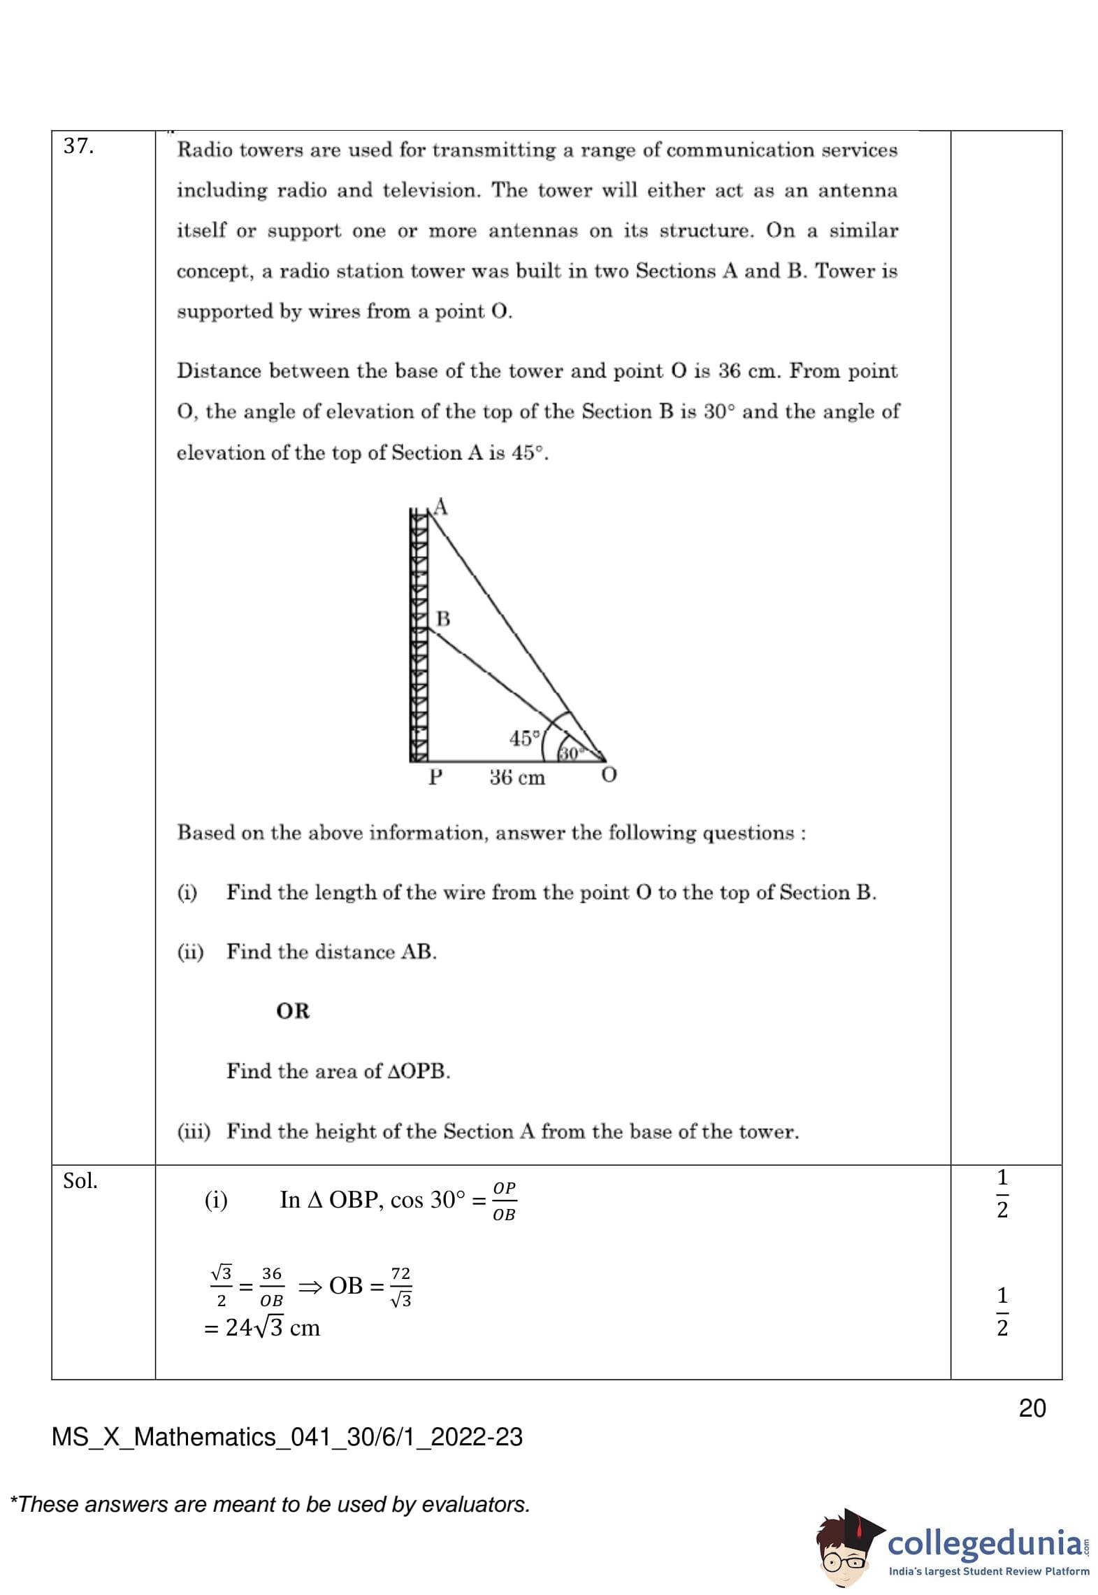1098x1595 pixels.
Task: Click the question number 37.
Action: coord(78,146)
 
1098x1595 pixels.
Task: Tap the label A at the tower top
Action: coord(440,506)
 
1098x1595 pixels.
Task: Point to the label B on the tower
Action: coord(443,619)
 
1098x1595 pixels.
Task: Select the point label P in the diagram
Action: coord(435,777)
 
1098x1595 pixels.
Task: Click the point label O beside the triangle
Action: coord(609,775)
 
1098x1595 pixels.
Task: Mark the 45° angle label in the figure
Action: coord(525,738)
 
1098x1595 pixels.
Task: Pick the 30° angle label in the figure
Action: coord(570,753)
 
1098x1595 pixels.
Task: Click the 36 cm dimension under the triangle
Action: coord(517,778)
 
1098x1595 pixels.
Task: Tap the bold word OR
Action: coord(293,1011)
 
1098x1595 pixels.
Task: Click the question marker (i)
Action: coord(187,892)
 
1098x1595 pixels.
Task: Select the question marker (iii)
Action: coord(194,1131)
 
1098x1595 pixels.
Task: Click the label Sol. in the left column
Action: coord(80,1181)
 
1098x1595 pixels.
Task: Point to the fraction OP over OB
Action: coord(504,1201)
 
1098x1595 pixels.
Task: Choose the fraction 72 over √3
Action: coord(401,1287)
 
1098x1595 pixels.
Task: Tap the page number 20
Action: coord(1032,1408)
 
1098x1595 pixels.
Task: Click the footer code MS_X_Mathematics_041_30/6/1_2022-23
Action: coord(287,1437)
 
